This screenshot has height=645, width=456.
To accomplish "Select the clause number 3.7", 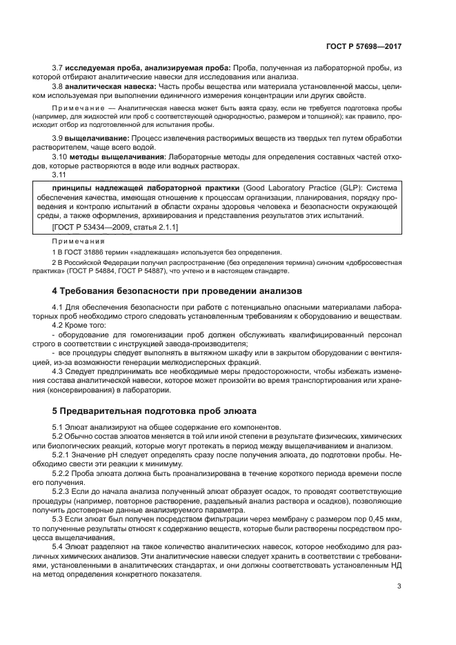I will click(x=58, y=69).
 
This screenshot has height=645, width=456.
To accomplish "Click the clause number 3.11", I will click(x=60, y=175).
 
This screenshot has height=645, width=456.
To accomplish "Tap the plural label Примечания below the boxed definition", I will click(x=78, y=242).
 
